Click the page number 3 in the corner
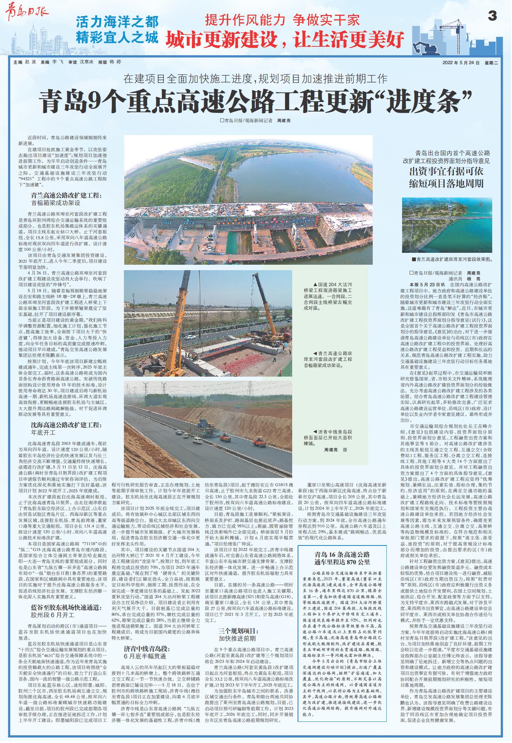[x=492, y=16]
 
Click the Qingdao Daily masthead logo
[x=27, y=13]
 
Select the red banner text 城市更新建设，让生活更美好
[x=285, y=40]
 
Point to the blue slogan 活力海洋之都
[x=117, y=23]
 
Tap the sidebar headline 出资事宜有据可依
[x=446, y=171]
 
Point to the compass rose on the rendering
[x=481, y=204]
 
